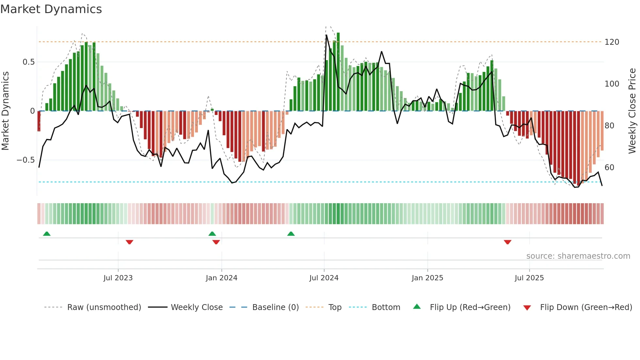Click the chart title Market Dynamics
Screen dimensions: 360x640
click(x=51, y=9)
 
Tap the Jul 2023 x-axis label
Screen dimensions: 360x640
click(x=118, y=278)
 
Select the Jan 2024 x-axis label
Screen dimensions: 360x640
click(x=221, y=278)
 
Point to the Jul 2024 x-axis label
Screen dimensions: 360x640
click(x=324, y=278)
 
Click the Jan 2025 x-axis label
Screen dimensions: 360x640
click(x=427, y=278)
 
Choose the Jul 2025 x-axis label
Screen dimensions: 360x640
click(x=529, y=278)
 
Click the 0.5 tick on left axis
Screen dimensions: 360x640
click(x=28, y=62)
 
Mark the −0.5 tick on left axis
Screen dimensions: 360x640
click(x=25, y=160)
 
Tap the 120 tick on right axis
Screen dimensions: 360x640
click(x=612, y=42)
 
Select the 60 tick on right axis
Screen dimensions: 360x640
click(x=609, y=168)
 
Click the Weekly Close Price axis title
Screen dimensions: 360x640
click(x=632, y=111)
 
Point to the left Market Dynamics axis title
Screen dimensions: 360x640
click(x=5, y=111)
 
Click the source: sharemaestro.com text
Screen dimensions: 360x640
click(x=578, y=256)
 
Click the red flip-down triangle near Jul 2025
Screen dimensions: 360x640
click(x=507, y=242)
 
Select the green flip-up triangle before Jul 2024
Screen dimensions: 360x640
click(x=291, y=234)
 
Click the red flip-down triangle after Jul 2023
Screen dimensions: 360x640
click(x=129, y=242)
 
